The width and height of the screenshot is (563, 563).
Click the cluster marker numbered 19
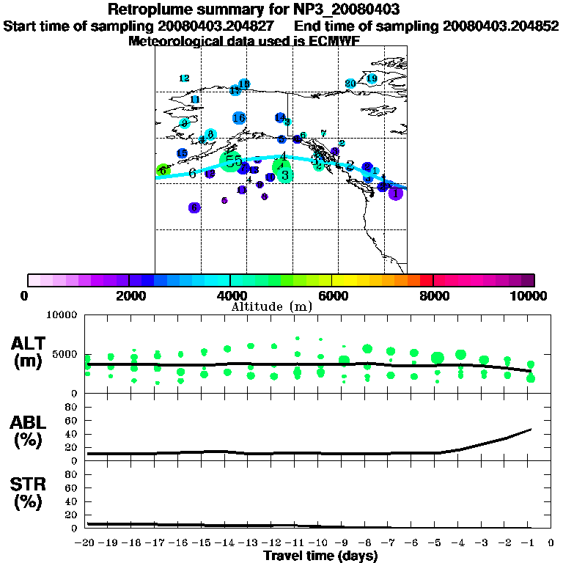click(x=372, y=78)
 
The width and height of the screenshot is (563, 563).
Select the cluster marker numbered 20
click(x=350, y=84)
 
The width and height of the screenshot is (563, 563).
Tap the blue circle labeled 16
click(x=238, y=117)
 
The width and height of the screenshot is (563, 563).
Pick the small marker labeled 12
click(x=184, y=78)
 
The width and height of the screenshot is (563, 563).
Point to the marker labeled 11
click(x=195, y=100)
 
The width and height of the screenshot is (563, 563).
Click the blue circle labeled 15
click(x=182, y=153)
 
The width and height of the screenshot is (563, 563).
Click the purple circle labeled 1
click(x=395, y=194)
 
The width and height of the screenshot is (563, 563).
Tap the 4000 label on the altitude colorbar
click(x=229, y=295)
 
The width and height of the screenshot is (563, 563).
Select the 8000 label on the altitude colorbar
click(x=434, y=295)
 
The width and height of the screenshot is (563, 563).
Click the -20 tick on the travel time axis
click(x=87, y=544)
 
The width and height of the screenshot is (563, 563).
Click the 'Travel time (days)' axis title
click(x=320, y=556)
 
